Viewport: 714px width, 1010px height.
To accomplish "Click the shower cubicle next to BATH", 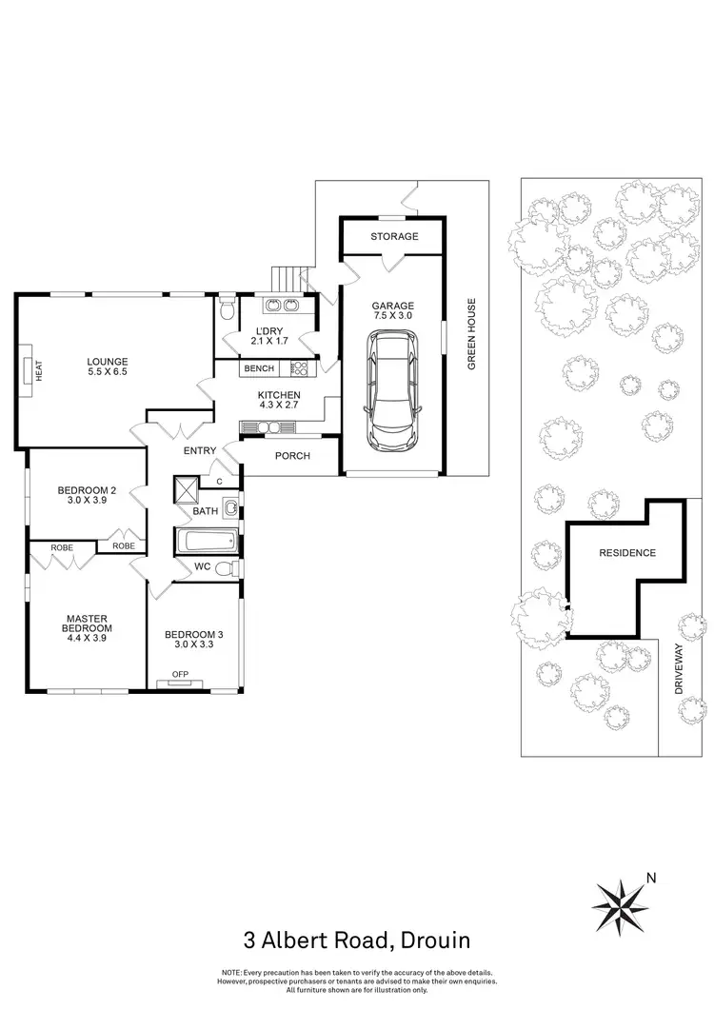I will pos(184,490).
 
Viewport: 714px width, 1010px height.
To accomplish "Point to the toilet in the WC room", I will pos(224,569).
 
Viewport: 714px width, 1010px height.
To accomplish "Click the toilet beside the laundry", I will pos(226,310).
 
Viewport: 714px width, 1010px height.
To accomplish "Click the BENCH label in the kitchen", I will pos(259,368).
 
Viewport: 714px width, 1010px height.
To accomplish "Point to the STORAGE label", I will pos(394,236).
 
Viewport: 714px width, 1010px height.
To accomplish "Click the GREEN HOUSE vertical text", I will pos(470,336).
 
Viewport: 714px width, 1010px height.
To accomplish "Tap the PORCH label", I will pos(292,456).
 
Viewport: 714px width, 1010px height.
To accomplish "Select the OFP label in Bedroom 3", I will pos(180,675).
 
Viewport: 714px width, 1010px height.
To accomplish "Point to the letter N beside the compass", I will pos(651,878).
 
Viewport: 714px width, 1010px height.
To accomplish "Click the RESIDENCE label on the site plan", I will pos(626,553).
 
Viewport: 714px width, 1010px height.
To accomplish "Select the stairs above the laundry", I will pos(287,279).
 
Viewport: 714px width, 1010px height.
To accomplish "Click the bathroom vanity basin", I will pos(231,507).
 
